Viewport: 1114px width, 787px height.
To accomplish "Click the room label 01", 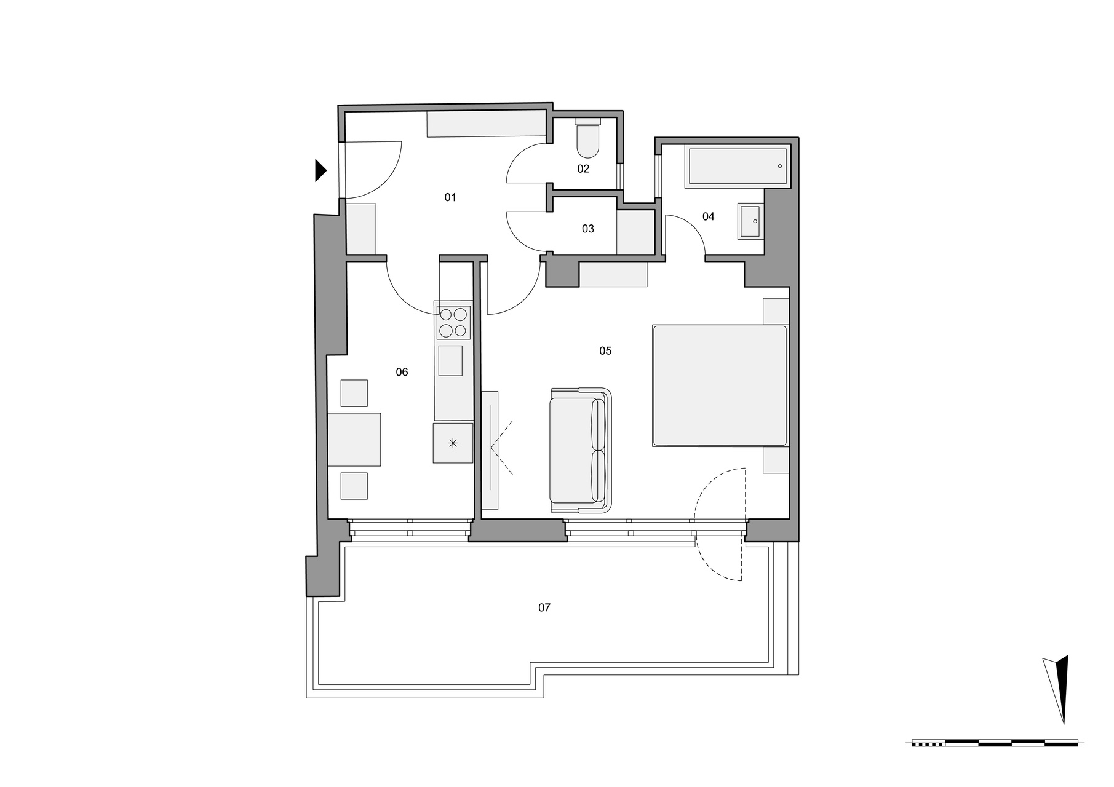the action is coord(450,197).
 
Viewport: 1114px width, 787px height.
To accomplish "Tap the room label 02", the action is coord(583,168).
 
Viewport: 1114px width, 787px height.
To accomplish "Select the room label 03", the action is coord(588,229).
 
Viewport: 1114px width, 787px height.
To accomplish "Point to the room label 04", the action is coord(709,216).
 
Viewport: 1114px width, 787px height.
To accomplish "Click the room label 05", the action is coord(605,350).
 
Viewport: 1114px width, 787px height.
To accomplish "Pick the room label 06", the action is coord(402,372).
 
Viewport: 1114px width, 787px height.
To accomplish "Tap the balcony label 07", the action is coord(544,607).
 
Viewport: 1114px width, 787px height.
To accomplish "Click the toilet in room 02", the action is coord(588,138).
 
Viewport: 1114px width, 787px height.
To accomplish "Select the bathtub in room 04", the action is coord(737,166).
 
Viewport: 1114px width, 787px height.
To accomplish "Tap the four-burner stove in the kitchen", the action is coord(453,322).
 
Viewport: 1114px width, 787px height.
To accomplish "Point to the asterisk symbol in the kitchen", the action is coord(453,442).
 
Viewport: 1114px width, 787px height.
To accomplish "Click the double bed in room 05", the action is coord(720,386).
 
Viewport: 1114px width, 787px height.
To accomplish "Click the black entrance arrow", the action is coord(320,170).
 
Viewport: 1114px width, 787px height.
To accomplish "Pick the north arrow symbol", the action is coord(1057,689).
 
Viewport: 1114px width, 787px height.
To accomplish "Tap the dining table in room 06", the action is coord(354,439).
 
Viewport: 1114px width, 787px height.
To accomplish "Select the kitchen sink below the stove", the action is coord(450,360).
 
